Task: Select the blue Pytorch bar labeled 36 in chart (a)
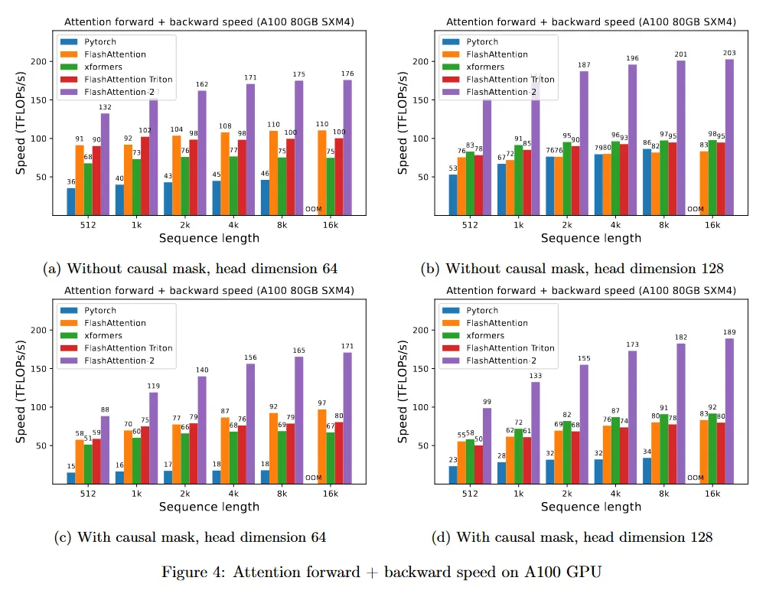tap(71, 201)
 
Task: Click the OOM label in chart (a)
tap(313, 208)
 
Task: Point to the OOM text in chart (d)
tap(695, 478)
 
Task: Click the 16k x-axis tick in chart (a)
tap(330, 225)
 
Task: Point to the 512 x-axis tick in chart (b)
tap(470, 225)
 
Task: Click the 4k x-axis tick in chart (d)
tap(615, 494)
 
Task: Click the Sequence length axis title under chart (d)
tap(591, 506)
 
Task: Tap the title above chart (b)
tap(590, 22)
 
